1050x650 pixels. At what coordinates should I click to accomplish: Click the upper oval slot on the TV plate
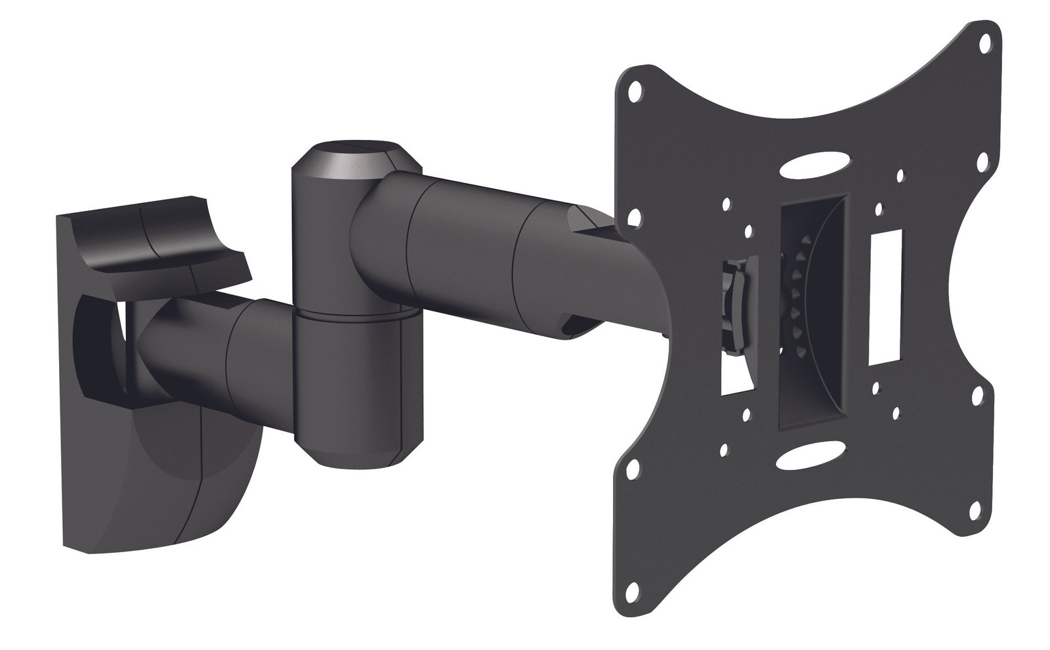click(x=812, y=163)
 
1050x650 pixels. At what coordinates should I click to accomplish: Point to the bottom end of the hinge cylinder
click(x=358, y=453)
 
